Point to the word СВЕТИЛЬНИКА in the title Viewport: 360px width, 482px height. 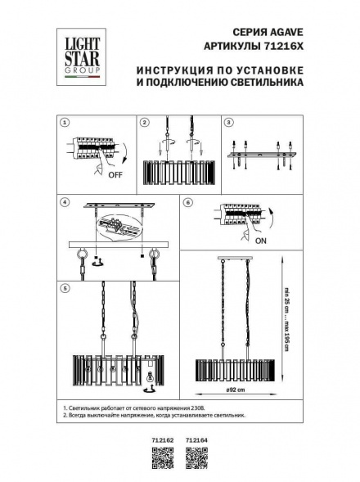268,83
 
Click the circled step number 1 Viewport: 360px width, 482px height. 65,122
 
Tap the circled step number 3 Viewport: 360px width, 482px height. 230,122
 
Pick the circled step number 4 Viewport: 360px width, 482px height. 65,201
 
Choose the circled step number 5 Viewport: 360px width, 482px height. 65,288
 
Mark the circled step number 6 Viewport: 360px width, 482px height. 187,201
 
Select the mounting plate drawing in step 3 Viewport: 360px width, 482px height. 261,154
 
